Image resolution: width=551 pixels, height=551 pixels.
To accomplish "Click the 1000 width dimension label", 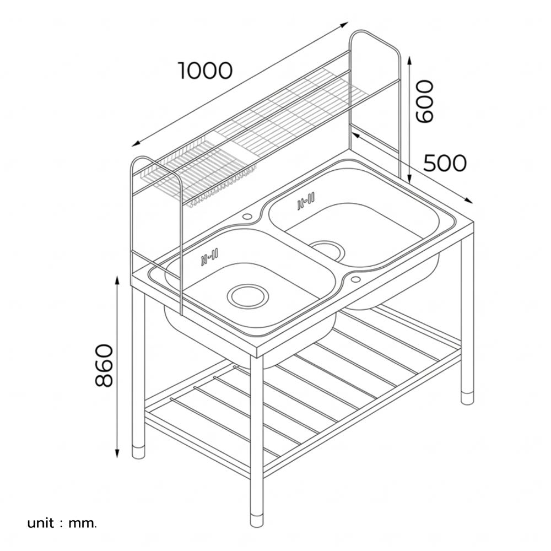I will point(205,71).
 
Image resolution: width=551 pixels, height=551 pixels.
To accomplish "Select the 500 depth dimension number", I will point(445,163).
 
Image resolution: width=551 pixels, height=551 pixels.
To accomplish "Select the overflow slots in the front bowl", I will point(210,256).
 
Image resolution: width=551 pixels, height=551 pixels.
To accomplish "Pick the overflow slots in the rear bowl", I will point(305,202).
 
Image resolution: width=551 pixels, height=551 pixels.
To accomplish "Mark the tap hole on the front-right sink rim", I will point(355,280).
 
